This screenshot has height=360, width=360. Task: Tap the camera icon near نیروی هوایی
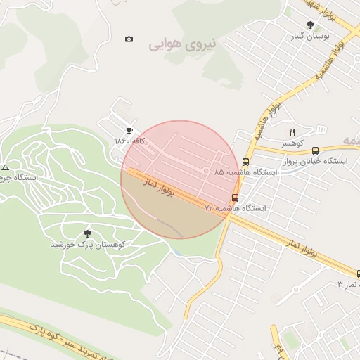tap(129, 39)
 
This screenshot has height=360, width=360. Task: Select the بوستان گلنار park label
tap(312, 34)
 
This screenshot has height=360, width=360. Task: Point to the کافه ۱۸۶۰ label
tap(130, 141)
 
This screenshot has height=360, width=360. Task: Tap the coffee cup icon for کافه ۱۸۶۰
tap(129, 130)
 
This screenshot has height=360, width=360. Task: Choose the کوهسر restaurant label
tap(292, 143)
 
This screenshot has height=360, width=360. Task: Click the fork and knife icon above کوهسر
tap(292, 132)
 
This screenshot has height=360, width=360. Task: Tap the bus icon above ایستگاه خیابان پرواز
tap(315, 150)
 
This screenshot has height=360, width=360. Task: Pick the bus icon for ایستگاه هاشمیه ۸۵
tap(245, 162)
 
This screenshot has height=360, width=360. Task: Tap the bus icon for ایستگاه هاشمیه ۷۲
tap(235, 198)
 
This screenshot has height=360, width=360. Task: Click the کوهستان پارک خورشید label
tap(88, 244)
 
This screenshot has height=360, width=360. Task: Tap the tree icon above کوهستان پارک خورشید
tap(88, 233)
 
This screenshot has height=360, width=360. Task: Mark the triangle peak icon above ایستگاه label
tap(6, 167)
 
